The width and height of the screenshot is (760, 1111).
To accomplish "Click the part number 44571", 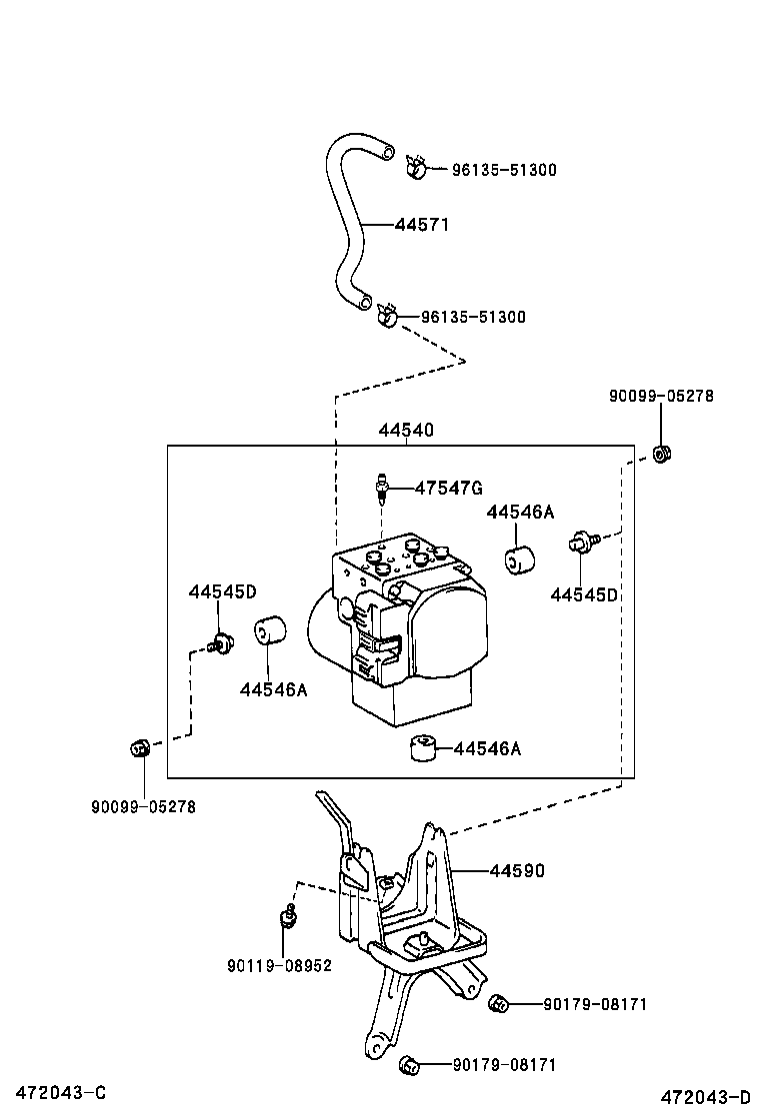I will point(421,225).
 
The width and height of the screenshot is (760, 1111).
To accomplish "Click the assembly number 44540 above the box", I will point(406,431).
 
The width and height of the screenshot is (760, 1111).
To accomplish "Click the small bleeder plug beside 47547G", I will point(381,488).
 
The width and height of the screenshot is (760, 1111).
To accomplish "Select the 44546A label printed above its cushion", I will point(520,512).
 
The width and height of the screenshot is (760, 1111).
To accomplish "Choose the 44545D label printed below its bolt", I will point(584,594).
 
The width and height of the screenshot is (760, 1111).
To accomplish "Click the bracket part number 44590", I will point(517,870).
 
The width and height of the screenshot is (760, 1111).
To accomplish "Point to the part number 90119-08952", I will point(279,965).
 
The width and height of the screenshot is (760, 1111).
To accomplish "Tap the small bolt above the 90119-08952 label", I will point(287,916).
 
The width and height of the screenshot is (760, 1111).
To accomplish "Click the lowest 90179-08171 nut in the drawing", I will point(407,1064).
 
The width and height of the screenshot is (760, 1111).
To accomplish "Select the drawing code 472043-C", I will point(55,1093).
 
